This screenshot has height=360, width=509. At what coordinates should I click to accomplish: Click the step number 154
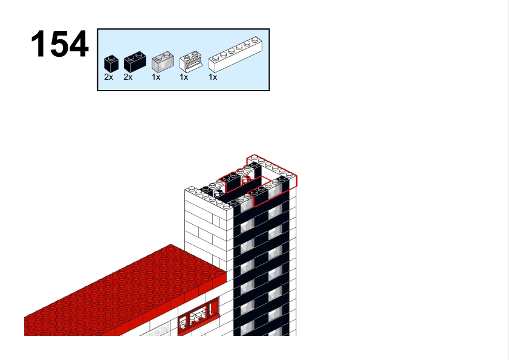click(59, 43)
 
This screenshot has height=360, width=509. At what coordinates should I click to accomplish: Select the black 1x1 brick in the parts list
click(111, 63)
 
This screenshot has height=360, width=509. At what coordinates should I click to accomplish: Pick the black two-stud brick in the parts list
click(135, 62)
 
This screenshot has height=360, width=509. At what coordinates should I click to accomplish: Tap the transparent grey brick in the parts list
click(163, 62)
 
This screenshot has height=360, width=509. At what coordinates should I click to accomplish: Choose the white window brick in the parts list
click(191, 61)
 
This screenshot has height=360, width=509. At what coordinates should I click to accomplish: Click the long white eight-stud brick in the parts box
click(235, 54)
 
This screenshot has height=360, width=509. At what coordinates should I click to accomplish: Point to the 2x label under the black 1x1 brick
click(109, 77)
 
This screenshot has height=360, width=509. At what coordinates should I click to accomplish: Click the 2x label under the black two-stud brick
click(128, 77)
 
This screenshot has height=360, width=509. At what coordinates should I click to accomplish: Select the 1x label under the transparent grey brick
click(156, 77)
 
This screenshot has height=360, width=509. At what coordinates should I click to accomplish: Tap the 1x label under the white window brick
click(184, 77)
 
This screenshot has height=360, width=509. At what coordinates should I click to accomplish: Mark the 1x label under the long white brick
click(213, 77)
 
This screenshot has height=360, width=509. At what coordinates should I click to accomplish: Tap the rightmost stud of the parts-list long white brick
click(256, 40)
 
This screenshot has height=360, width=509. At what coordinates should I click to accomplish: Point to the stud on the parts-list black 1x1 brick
click(111, 57)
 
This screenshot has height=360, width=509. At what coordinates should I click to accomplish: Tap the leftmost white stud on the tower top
click(192, 188)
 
